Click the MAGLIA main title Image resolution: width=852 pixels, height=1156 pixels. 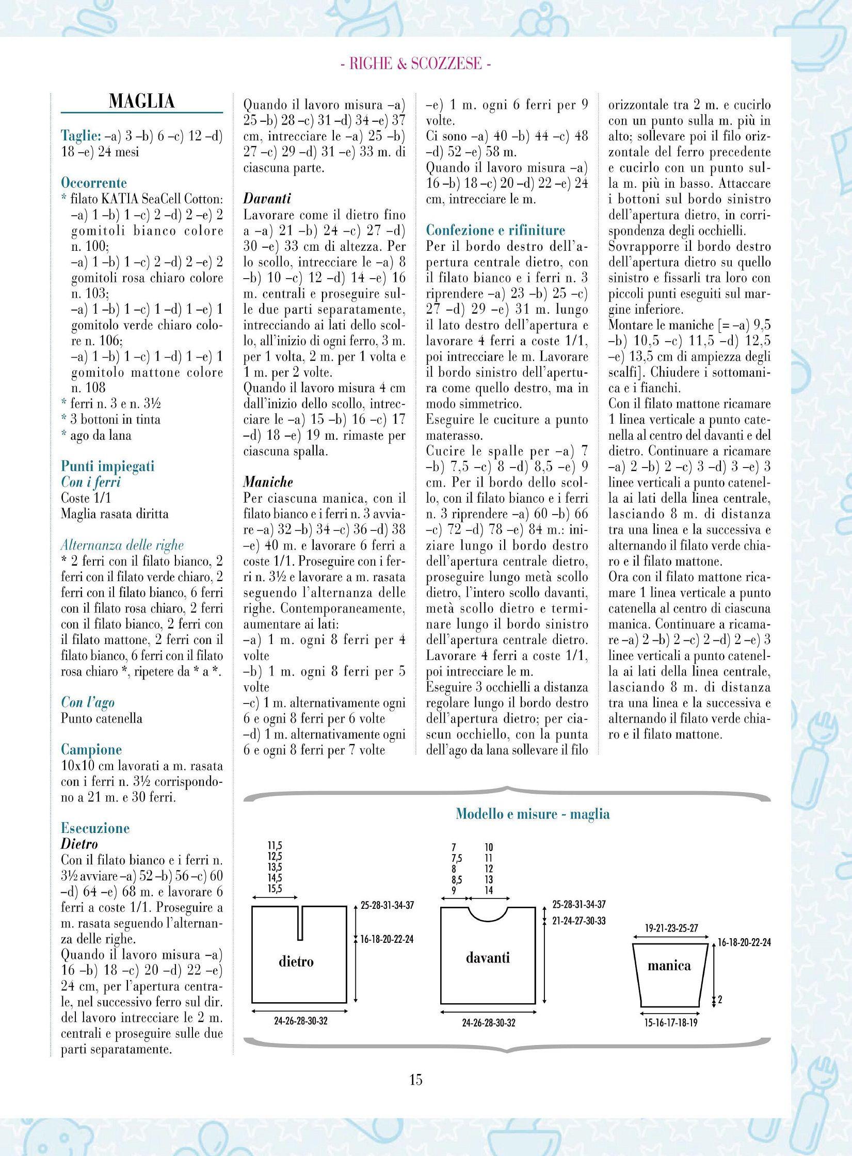tap(141, 101)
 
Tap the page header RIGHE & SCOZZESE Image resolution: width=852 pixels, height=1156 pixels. tap(416, 64)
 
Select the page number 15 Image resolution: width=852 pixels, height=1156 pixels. tap(416, 1093)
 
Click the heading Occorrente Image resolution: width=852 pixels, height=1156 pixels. tap(93, 183)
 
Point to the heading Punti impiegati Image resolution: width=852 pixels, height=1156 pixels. tap(107, 467)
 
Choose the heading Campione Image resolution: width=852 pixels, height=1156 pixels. tap(91, 749)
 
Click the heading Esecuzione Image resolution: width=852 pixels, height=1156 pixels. tap(95, 828)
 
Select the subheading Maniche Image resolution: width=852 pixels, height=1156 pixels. tap(268, 482)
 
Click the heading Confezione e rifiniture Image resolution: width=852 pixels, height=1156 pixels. tap(495, 230)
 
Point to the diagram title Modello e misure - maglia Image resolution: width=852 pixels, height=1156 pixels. tap(533, 814)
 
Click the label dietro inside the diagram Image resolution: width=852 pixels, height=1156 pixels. tap(296, 961)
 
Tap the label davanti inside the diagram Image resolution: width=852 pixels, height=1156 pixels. tap(488, 958)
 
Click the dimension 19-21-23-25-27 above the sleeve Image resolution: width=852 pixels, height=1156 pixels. tap(671, 928)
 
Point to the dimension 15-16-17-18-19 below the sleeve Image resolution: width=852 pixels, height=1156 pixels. tap(671, 1022)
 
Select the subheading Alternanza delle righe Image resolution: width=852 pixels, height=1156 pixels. tap(122, 545)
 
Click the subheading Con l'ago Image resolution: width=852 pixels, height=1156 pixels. tap(88, 702)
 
